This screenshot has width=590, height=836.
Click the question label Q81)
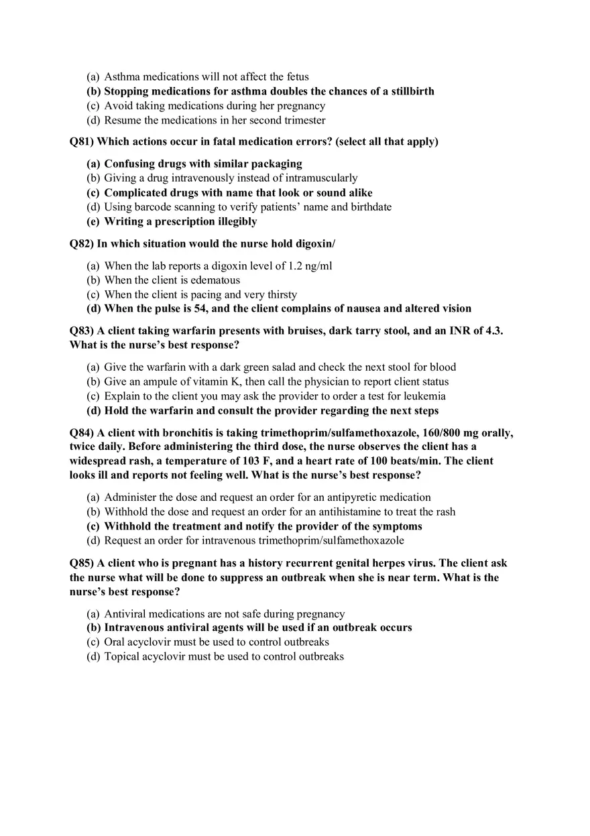[81, 141]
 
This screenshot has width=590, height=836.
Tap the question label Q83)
[81, 331]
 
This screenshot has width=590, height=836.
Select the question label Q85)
[81, 563]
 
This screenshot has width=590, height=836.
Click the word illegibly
[231, 221]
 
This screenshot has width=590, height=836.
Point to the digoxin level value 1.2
[296, 266]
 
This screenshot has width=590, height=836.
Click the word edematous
[215, 280]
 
